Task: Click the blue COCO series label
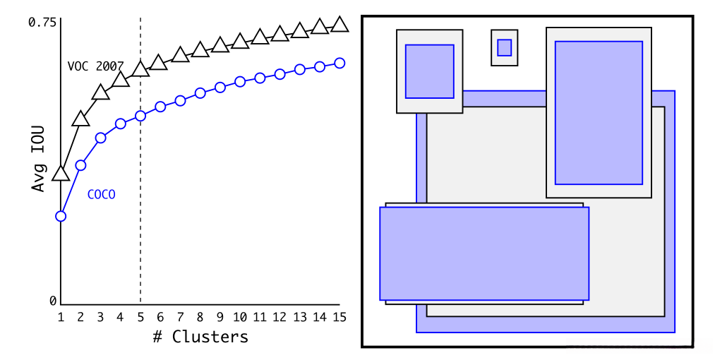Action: pos(101,194)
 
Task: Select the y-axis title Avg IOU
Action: pos(39,159)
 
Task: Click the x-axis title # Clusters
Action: pos(200,337)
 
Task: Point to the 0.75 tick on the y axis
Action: pos(42,23)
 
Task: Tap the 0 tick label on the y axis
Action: pos(52,301)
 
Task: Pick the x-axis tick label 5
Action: pos(140,317)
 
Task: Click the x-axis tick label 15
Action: pos(340,317)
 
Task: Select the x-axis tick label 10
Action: pos(240,317)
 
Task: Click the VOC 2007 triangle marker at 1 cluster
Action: pos(61,173)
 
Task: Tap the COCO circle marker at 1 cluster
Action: pos(61,216)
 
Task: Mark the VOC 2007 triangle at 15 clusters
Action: pos(340,25)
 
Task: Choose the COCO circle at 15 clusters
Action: pos(340,63)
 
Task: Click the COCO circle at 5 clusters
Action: pos(140,116)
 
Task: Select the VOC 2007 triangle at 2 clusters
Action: pos(80,119)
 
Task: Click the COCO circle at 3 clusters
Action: pos(100,138)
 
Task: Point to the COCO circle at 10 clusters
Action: pos(240,82)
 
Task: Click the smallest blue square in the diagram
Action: pos(504,47)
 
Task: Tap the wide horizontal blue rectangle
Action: pos(483,253)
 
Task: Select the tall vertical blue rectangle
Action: pos(599,112)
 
